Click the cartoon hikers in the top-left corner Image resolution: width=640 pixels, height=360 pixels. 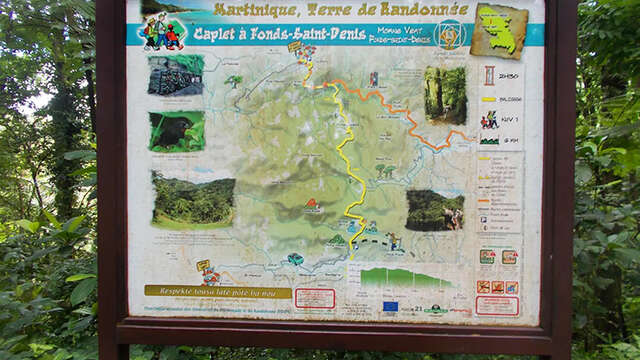(x=160, y=33)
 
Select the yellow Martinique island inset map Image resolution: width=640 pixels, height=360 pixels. (x=498, y=31)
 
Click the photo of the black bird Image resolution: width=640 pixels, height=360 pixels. (x=176, y=131)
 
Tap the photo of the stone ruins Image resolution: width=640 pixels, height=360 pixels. (x=176, y=76)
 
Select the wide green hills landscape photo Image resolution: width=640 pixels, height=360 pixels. (x=193, y=200)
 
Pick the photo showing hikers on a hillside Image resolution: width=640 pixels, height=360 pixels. (x=434, y=210)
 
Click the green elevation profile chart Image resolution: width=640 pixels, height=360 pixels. (x=405, y=277)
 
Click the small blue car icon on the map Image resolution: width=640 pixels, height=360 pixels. (x=295, y=259)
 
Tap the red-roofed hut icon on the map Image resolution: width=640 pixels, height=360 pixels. (x=313, y=205)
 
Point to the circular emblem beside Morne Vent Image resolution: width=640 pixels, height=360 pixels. (x=449, y=33)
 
